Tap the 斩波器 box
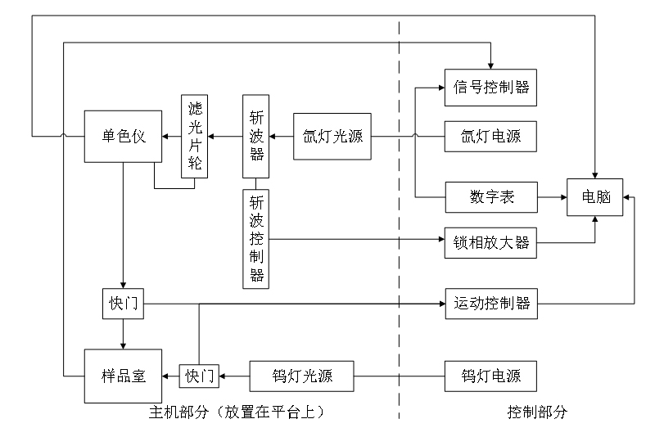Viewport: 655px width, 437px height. tap(256, 136)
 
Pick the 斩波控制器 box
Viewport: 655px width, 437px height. tap(256, 237)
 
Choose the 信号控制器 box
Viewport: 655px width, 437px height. tap(490, 86)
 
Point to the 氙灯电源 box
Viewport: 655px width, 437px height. tap(490, 136)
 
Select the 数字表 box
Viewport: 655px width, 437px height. tap(490, 197)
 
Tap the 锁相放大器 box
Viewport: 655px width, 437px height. tap(490, 242)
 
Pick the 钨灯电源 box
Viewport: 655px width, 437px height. tap(490, 376)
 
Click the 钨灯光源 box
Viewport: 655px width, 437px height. tap(301, 376)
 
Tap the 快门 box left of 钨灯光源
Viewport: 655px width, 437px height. tap(199, 376)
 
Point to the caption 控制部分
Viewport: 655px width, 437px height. tap(536, 412)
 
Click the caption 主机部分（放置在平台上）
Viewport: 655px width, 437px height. tap(237, 412)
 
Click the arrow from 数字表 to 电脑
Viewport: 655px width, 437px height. tap(552, 197)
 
